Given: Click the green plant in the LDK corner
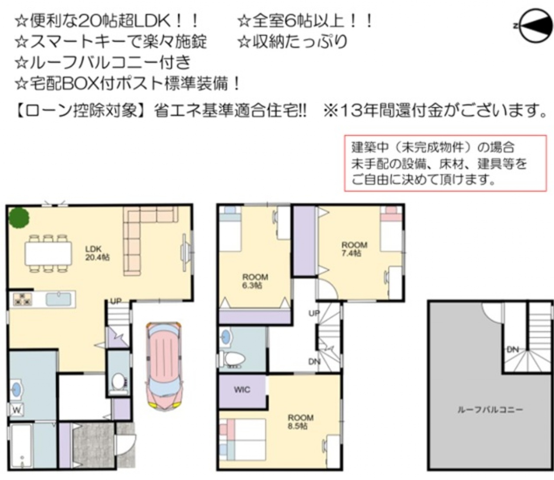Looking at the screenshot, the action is [x=19, y=218].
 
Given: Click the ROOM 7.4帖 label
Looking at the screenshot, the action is [x=354, y=249].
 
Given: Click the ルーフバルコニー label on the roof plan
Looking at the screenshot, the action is [x=490, y=410].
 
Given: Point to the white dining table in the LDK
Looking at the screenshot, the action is [x=48, y=253].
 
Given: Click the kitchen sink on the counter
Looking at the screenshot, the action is [x=58, y=299].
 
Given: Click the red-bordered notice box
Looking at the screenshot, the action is [x=445, y=163].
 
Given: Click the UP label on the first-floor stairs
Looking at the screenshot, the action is [x=116, y=301].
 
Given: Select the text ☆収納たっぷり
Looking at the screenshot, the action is [x=293, y=41].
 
